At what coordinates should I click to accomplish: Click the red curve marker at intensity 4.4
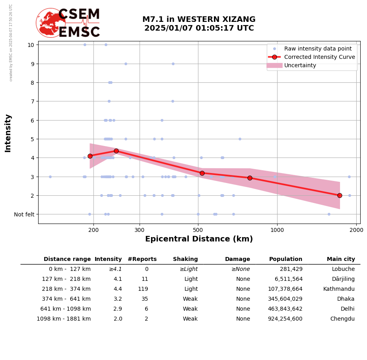point(116,151)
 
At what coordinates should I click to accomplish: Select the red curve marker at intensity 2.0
point(340,195)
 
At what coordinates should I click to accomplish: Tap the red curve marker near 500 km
point(202,173)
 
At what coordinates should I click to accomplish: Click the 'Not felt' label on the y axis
point(24,214)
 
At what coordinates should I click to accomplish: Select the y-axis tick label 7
point(31,101)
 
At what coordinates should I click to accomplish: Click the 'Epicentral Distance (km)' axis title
point(199,239)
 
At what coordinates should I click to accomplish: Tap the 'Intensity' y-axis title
point(8,133)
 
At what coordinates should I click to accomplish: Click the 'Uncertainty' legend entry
point(300,65)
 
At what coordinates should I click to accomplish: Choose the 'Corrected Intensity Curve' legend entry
point(319,57)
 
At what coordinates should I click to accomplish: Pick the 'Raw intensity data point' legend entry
point(318,49)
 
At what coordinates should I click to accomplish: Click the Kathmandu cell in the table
point(339,289)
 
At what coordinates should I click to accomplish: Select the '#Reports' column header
point(142,259)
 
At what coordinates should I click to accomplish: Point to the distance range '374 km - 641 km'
point(65,299)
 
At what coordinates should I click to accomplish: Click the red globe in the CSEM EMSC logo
point(50,23)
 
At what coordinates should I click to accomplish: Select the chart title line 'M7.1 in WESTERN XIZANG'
point(199,19)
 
